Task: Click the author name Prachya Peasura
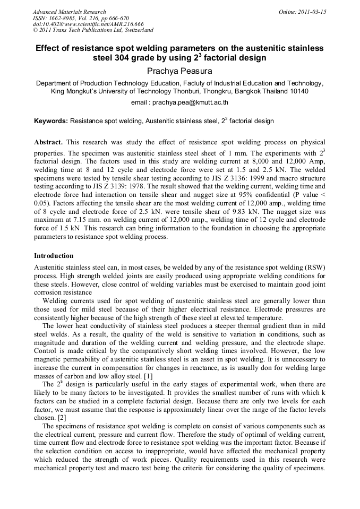179,70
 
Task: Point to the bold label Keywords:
51,121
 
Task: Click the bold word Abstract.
48,143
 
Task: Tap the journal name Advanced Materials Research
70,12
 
